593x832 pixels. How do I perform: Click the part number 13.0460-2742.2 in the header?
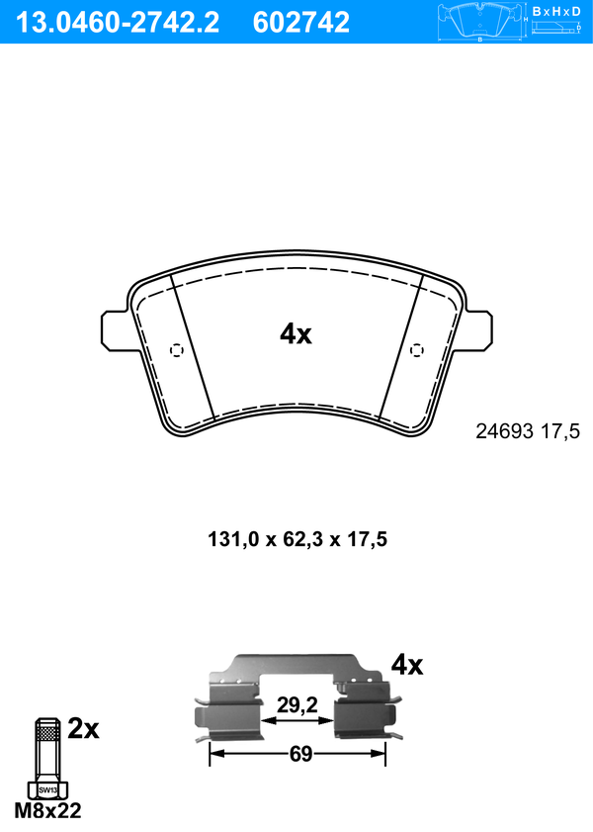pos(117,23)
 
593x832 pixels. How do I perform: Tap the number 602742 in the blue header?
pos(301,23)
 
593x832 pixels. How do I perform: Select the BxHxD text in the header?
pos(556,11)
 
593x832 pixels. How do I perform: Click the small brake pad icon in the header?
pos(480,22)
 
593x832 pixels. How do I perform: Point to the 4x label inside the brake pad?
pos(296,334)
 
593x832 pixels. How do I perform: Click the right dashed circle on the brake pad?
pos(418,350)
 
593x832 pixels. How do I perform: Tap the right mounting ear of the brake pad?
pos(477,330)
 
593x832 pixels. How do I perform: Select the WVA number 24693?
pos(504,431)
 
